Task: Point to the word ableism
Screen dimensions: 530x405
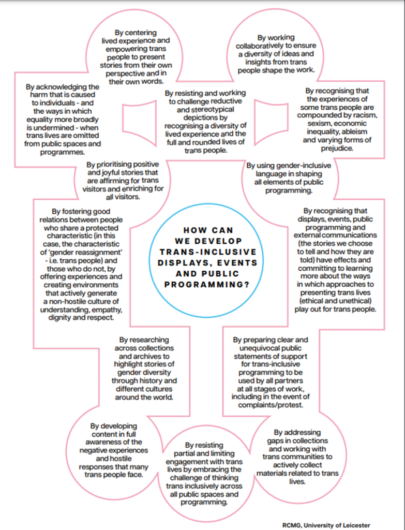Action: point(367,131)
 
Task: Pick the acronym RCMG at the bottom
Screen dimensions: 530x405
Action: point(293,525)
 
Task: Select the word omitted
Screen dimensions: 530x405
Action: point(88,136)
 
